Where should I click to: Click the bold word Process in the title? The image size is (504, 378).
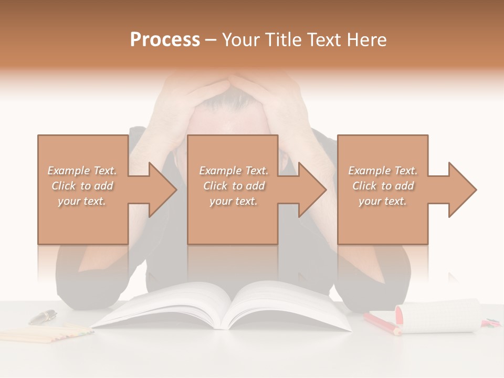[x=165, y=40]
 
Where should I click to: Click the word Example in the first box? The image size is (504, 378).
[x=69, y=171]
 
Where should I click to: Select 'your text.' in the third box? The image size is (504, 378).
[x=383, y=201]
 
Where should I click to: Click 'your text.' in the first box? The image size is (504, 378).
[x=81, y=201]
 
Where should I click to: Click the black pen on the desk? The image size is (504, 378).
[x=43, y=317]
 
